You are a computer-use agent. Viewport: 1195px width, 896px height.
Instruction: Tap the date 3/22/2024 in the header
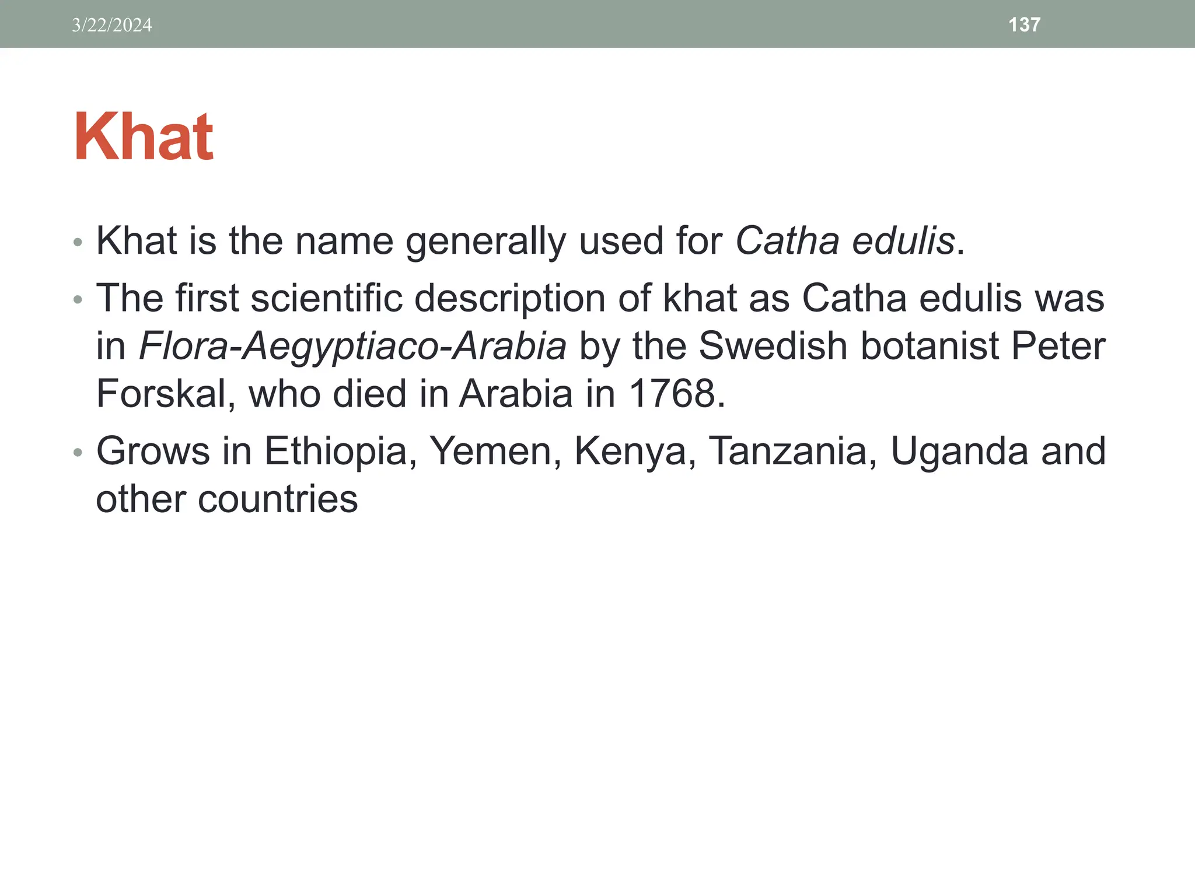click(111, 25)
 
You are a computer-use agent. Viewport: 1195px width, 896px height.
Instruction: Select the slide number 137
click(1024, 24)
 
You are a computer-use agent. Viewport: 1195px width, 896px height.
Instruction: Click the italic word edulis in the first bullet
click(903, 240)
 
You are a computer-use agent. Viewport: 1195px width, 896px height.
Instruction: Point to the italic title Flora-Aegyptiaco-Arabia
click(352, 346)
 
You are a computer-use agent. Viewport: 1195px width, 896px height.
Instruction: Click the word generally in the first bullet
click(485, 240)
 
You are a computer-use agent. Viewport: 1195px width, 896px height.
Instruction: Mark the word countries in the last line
click(278, 499)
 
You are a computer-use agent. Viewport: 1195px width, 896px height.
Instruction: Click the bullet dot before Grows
click(78, 453)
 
